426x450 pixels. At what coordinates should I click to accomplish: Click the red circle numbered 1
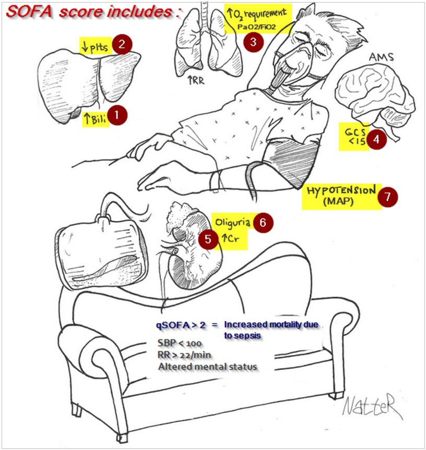tap(118, 115)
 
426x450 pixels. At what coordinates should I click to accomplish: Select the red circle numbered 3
tap(253, 42)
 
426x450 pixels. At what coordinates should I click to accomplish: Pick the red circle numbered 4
tap(376, 139)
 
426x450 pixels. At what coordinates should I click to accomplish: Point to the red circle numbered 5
tap(208, 240)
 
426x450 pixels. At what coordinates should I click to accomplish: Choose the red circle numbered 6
tap(263, 222)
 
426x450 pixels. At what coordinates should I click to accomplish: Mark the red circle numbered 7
tap(387, 197)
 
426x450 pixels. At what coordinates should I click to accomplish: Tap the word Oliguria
tap(230, 222)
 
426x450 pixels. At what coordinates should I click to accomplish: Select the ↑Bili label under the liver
tap(94, 119)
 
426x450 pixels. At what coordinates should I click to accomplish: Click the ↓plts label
tap(94, 46)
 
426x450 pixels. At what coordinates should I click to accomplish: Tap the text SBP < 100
tap(178, 343)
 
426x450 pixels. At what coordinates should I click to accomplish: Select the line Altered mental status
tap(207, 367)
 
